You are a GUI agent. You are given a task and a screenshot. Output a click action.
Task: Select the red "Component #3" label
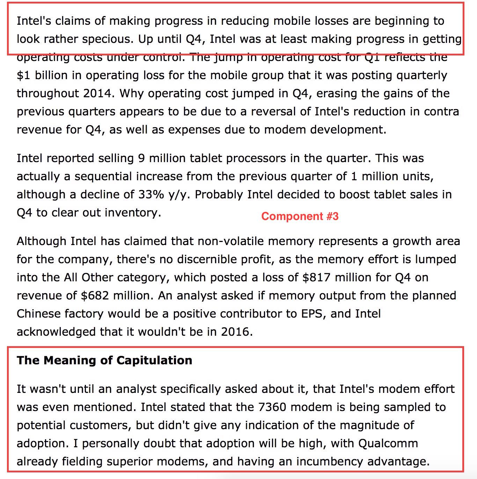point(300,216)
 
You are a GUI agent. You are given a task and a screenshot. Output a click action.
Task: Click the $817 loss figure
point(316,277)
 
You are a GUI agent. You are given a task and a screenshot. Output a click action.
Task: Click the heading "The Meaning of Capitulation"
point(104,360)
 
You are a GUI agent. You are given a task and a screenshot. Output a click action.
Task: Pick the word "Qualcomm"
point(388,443)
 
